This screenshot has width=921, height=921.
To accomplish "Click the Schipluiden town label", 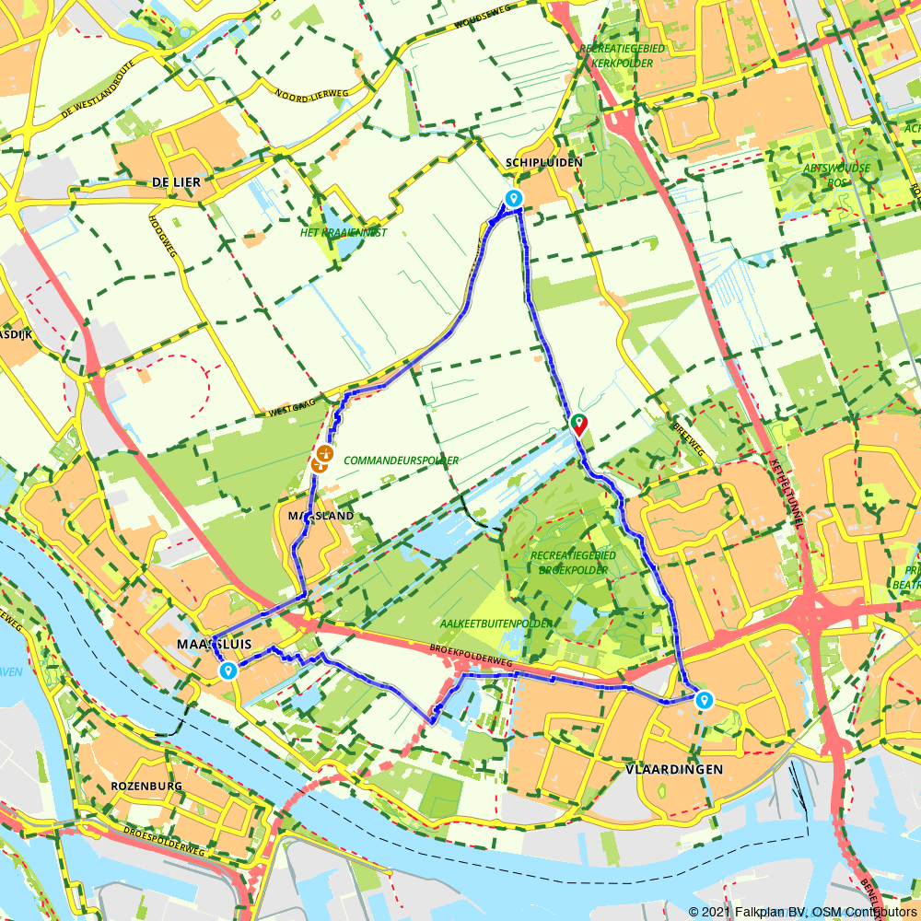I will [x=543, y=162].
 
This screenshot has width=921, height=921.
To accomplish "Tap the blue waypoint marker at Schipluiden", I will [x=513, y=198].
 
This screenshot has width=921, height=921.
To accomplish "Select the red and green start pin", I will [x=578, y=424].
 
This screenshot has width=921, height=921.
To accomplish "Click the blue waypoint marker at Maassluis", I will [x=227, y=671].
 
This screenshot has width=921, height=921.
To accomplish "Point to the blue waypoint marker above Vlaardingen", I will [x=705, y=700].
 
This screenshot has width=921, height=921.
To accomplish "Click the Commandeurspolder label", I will [x=401, y=460].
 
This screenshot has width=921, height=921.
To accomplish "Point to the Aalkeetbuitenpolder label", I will [x=497, y=624].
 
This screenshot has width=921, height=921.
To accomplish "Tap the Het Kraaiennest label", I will [x=344, y=233].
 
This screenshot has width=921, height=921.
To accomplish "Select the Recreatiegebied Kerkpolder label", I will [x=617, y=55].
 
